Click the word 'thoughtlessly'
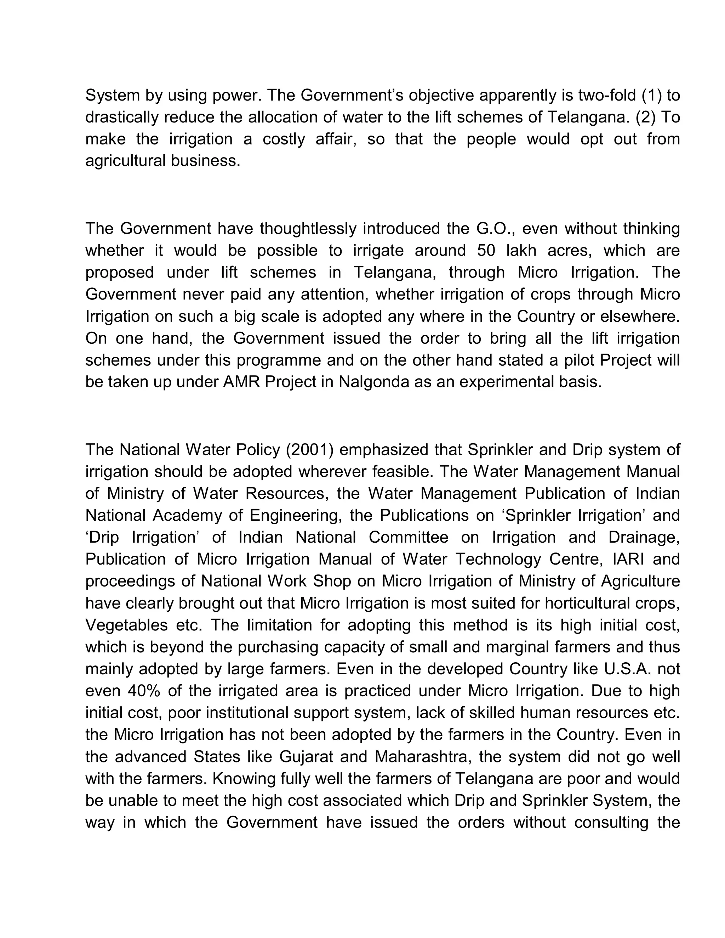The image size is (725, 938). click(308, 229)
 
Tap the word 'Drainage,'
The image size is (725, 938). click(644, 537)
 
